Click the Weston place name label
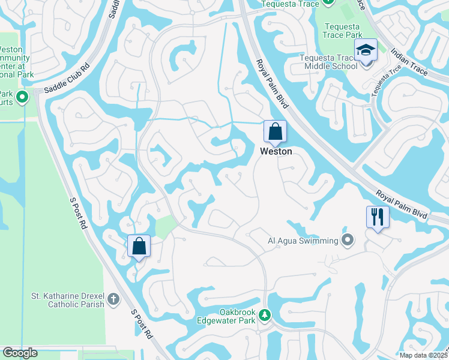coord(276,152)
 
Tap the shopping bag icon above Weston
coord(275,131)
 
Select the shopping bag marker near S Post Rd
coord(139,246)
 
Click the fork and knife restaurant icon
coord(378,217)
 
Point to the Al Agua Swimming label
coord(303,241)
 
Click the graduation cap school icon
coord(364,51)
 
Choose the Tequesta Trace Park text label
coord(342,31)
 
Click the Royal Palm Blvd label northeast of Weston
coord(273,83)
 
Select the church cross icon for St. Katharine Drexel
coord(113,297)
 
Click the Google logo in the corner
coord(20,353)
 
